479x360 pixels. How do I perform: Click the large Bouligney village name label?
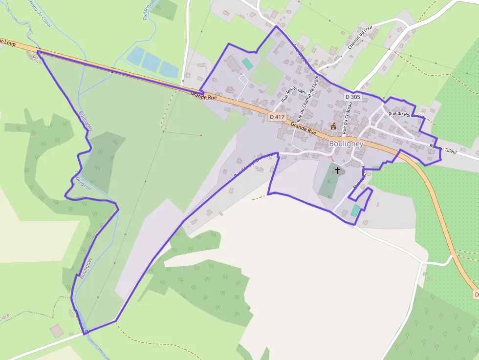[346, 144]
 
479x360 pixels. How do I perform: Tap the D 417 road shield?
[277, 117]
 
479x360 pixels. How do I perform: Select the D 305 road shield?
[352, 97]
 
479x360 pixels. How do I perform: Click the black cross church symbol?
[337, 170]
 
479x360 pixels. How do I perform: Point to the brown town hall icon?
[333, 126]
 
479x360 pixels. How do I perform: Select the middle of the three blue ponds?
[152, 63]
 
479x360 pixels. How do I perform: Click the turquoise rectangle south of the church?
[355, 211]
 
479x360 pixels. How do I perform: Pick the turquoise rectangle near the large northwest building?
[248, 64]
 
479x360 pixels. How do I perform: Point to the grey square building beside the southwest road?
[57, 331]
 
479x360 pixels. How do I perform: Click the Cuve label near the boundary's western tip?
[35, 58]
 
